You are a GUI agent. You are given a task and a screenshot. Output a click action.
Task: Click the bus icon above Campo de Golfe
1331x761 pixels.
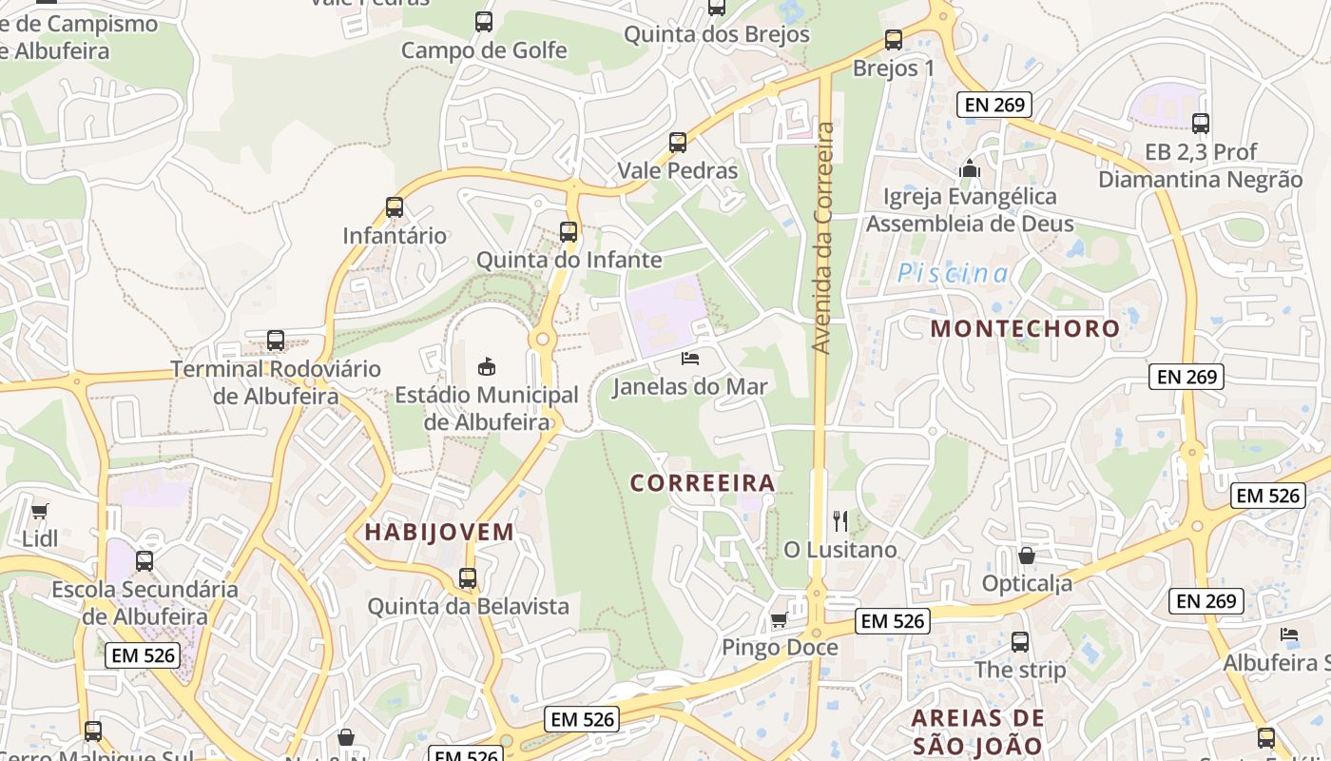484,21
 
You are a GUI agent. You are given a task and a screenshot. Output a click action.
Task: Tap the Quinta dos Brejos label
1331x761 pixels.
717,34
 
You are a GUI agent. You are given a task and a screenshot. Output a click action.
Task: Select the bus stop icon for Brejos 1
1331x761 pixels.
894,40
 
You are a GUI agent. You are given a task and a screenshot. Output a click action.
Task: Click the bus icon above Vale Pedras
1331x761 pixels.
678,143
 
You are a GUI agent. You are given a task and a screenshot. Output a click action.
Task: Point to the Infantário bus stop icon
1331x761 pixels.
395,206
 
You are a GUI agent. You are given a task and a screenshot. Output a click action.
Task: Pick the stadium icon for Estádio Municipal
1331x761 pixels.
486,366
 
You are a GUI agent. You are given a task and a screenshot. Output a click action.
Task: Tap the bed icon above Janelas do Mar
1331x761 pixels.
690,359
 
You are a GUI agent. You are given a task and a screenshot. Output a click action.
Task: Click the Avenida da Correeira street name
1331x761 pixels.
824,238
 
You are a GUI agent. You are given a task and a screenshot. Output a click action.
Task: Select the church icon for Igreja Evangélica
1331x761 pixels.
970,169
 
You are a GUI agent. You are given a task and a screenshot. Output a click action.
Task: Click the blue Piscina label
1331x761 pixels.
954,274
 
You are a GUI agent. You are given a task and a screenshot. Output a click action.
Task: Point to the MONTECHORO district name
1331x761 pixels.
1025,329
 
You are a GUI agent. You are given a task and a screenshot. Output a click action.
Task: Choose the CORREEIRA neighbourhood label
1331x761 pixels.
703,483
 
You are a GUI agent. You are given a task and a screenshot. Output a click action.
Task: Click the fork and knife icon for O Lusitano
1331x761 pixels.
840,520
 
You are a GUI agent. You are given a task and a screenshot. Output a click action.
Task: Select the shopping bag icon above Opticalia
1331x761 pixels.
1027,555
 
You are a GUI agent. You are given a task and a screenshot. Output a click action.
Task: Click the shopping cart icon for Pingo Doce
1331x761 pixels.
780,620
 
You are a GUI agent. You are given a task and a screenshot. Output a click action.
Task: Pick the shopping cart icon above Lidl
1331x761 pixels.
40,511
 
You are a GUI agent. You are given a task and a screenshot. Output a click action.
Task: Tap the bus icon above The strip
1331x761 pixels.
1020,642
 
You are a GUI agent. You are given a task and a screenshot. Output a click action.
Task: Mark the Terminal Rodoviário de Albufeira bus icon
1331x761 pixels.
276,340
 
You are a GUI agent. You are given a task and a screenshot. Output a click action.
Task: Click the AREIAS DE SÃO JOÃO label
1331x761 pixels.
978,732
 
